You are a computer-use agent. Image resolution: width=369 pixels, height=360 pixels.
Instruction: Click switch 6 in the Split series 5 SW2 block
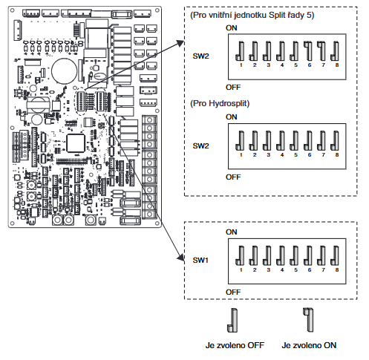(x=308, y=50)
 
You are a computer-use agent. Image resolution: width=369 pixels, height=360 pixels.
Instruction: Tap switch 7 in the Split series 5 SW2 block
(x=322, y=50)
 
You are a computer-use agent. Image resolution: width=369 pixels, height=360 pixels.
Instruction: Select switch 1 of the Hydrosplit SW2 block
(x=240, y=140)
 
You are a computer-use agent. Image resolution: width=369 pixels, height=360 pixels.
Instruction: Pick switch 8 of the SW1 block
(x=335, y=255)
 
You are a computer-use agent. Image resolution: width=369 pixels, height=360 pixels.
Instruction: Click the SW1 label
(x=200, y=261)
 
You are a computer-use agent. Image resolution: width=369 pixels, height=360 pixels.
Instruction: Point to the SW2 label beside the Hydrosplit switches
(x=200, y=145)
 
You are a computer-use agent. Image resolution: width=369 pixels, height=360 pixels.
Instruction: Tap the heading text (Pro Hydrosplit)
(x=220, y=103)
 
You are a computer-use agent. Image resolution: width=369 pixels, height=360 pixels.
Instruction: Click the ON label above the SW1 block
(x=232, y=232)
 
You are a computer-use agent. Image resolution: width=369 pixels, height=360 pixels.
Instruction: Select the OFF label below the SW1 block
(x=233, y=292)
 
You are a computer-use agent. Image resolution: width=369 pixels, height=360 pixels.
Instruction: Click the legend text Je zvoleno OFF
(x=235, y=345)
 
